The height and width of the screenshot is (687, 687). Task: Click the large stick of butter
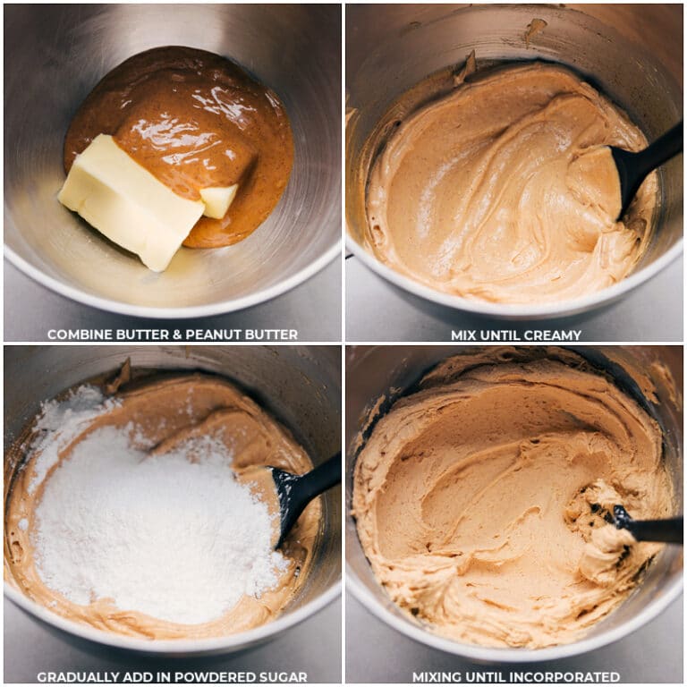click(x=131, y=201)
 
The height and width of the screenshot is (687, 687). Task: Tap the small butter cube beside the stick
click(x=218, y=200)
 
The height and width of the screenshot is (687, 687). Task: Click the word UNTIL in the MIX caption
click(x=502, y=335)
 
